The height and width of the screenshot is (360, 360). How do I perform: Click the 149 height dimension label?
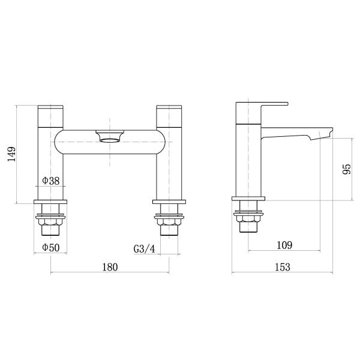click(x=11, y=154)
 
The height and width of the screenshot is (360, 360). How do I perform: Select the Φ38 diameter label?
click(x=51, y=181)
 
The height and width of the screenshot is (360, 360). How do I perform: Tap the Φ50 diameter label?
click(x=51, y=247)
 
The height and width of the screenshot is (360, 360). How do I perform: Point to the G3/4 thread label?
click(x=145, y=248)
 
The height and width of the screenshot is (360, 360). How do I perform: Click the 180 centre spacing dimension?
click(x=110, y=267)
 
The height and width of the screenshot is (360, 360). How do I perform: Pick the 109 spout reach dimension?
click(x=284, y=245)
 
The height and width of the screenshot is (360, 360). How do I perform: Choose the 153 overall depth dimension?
click(x=283, y=267)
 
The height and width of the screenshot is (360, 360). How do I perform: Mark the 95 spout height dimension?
click(x=347, y=169)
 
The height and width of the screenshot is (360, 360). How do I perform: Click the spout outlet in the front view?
click(x=110, y=136)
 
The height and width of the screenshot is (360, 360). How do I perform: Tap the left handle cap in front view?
click(x=50, y=116)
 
